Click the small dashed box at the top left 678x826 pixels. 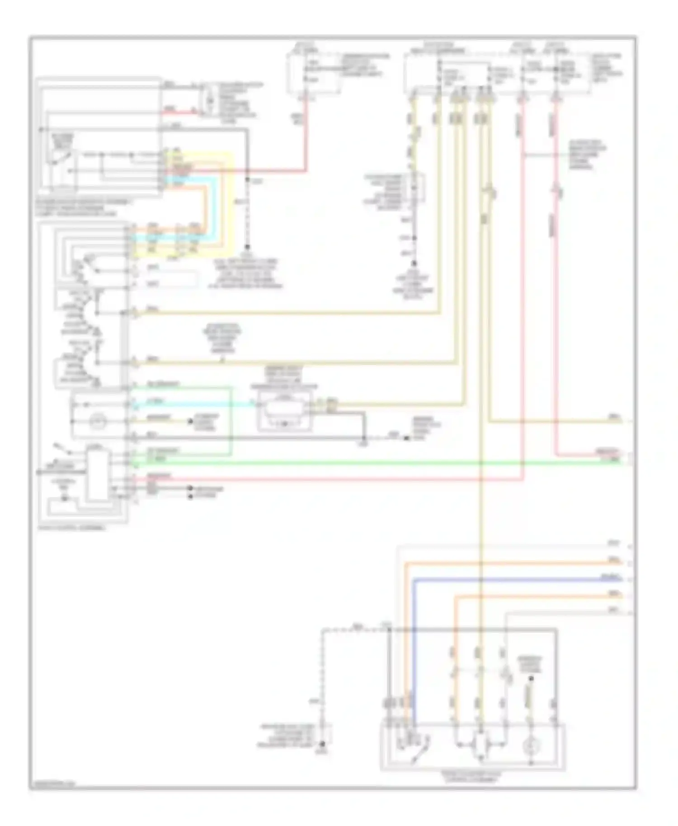209,99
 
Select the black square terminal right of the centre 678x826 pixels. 406,438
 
